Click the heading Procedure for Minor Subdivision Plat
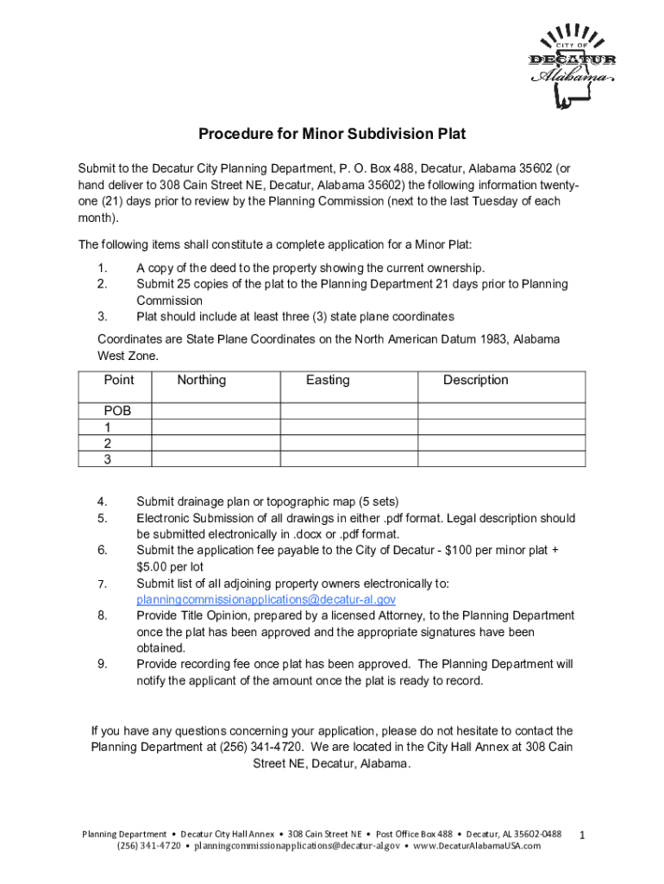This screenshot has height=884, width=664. [x=332, y=134]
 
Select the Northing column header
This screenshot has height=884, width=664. [x=202, y=380]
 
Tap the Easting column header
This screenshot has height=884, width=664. [x=328, y=380]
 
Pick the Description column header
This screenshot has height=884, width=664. [x=475, y=380]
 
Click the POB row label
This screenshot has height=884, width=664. [x=117, y=411]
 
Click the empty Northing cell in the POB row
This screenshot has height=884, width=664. [x=216, y=411]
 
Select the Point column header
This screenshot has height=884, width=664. [x=119, y=380]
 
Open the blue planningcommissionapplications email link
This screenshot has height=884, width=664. [x=266, y=599]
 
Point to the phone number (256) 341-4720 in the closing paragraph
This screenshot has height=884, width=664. [x=241, y=747]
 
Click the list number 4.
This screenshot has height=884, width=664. [x=102, y=502]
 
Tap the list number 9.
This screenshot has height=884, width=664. [x=102, y=665]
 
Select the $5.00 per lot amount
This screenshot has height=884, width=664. [x=169, y=566]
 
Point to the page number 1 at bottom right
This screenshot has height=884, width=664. [x=583, y=836]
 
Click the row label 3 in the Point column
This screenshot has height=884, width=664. [x=108, y=459]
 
